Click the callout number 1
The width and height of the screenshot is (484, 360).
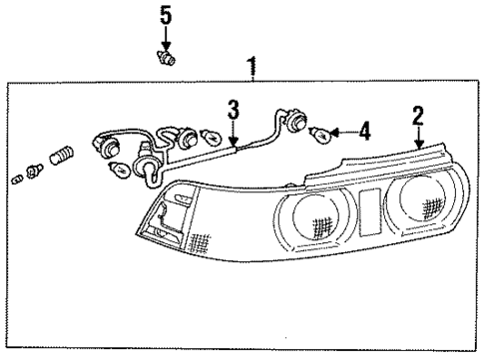click(x=252, y=66)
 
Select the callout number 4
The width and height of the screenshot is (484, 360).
click(x=364, y=129)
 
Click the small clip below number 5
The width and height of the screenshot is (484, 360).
click(x=167, y=58)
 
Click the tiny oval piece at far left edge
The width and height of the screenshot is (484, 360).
click(x=17, y=180)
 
